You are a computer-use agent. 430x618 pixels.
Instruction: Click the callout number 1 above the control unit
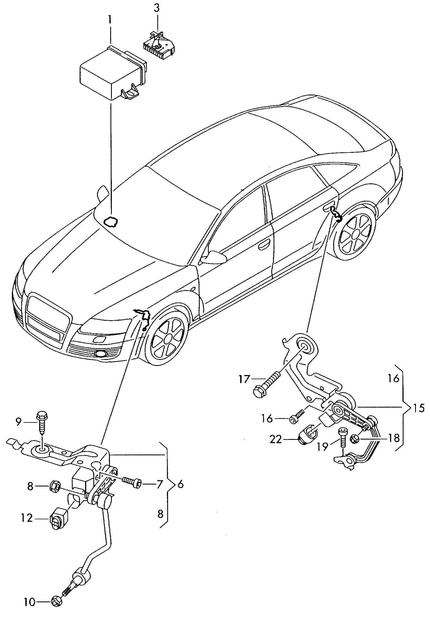click(x=110, y=21)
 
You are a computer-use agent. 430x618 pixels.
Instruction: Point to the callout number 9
click(x=18, y=422)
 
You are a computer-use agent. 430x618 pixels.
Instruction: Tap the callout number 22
click(x=276, y=439)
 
